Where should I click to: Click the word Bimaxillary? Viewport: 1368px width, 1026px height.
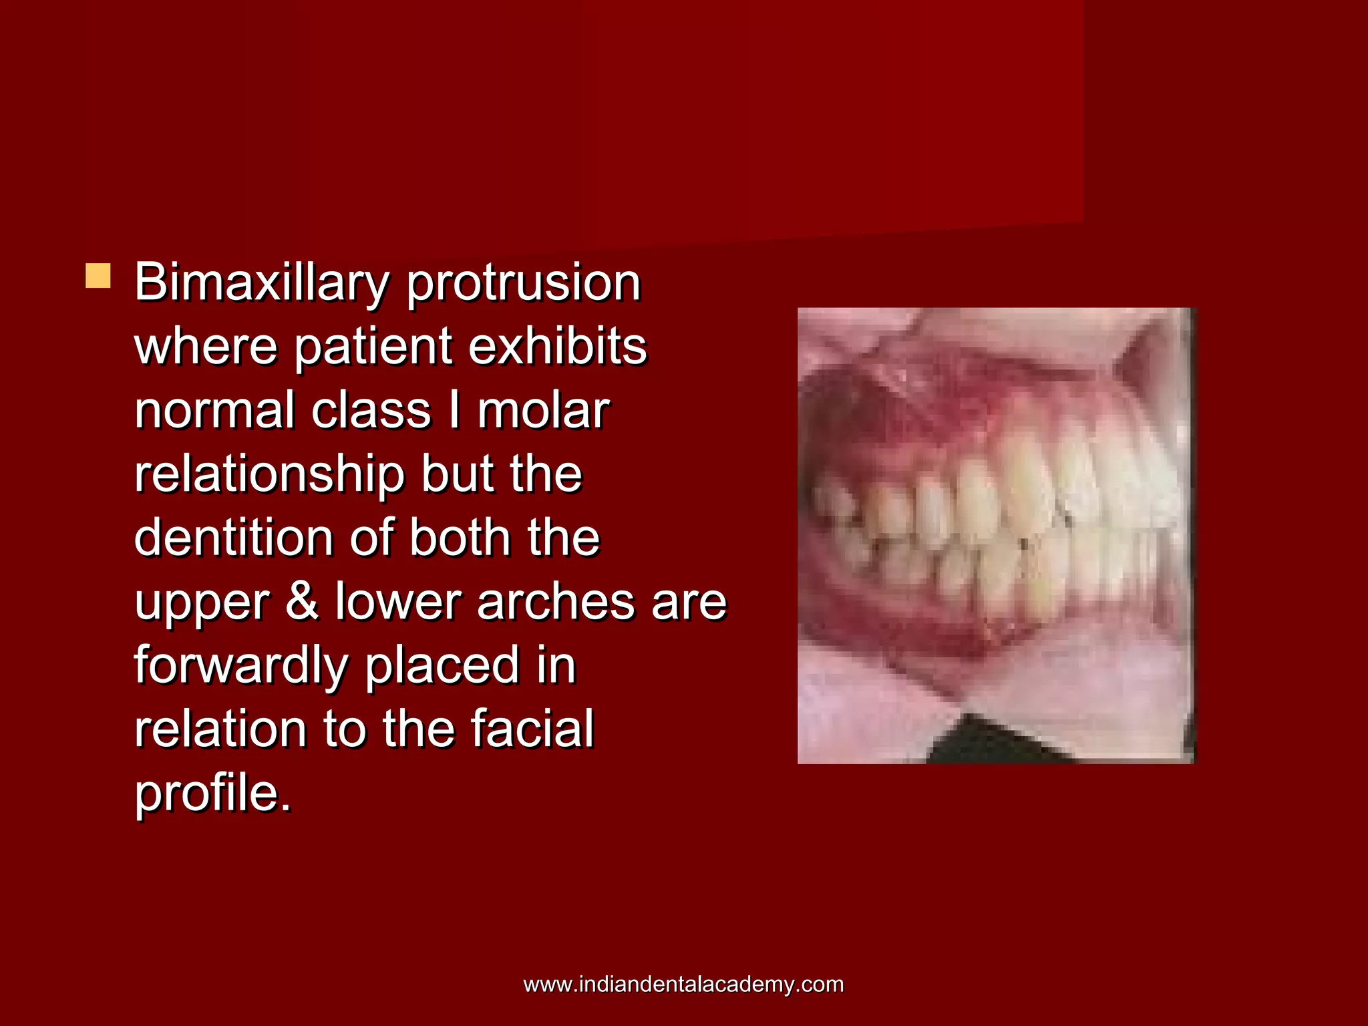[261, 283]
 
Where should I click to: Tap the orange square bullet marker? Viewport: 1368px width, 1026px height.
[98, 276]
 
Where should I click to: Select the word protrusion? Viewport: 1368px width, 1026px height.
[524, 283]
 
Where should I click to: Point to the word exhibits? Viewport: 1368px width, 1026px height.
[558, 347]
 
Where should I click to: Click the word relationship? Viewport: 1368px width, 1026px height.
[270, 474]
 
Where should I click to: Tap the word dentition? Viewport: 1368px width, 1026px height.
[233, 538]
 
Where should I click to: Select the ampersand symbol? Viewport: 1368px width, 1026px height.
[303, 601]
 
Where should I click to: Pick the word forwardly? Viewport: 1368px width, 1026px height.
[241, 665]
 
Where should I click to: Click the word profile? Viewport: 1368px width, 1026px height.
[213, 793]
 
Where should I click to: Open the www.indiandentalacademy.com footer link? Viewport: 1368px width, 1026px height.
[683, 985]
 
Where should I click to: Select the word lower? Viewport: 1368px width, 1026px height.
[398, 601]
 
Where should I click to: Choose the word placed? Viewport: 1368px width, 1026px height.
[442, 665]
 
